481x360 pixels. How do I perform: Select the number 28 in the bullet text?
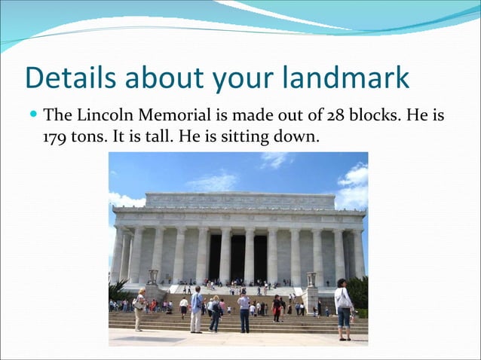point(335,116)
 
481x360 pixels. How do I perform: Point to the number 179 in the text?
point(55,138)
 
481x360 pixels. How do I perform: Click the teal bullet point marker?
point(34,116)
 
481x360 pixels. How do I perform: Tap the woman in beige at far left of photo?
point(139,309)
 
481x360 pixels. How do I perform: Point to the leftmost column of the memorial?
point(118,255)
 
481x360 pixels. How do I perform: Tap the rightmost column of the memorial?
point(359,254)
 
